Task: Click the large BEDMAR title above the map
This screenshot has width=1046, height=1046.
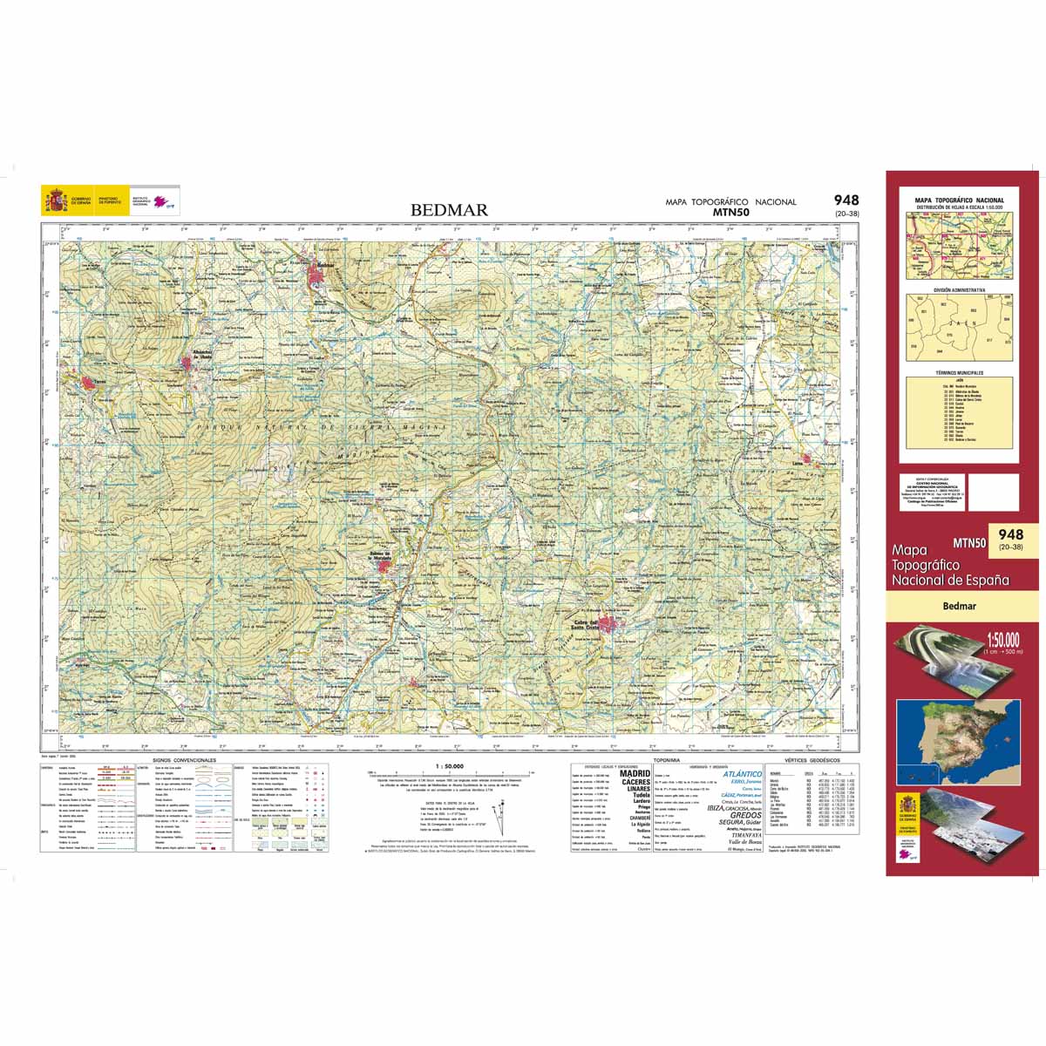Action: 449,210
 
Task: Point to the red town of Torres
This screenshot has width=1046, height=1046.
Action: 88,383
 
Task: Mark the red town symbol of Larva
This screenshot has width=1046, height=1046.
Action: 808,459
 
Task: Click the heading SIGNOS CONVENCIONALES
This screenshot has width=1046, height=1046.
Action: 182,761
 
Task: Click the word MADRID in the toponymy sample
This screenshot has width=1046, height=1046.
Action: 634,773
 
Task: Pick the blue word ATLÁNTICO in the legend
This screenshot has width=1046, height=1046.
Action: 740,774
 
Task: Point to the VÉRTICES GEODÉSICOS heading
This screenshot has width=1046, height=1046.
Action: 809,761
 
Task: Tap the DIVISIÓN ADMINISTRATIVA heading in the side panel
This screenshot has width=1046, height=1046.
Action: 959,289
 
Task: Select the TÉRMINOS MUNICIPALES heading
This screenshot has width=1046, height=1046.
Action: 959,372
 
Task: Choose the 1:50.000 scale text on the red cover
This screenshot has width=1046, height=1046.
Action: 1002,639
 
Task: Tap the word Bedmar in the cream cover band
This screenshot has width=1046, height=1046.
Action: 959,606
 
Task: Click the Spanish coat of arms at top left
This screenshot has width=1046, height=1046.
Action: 55,202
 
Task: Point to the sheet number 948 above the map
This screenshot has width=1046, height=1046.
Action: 846,200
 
